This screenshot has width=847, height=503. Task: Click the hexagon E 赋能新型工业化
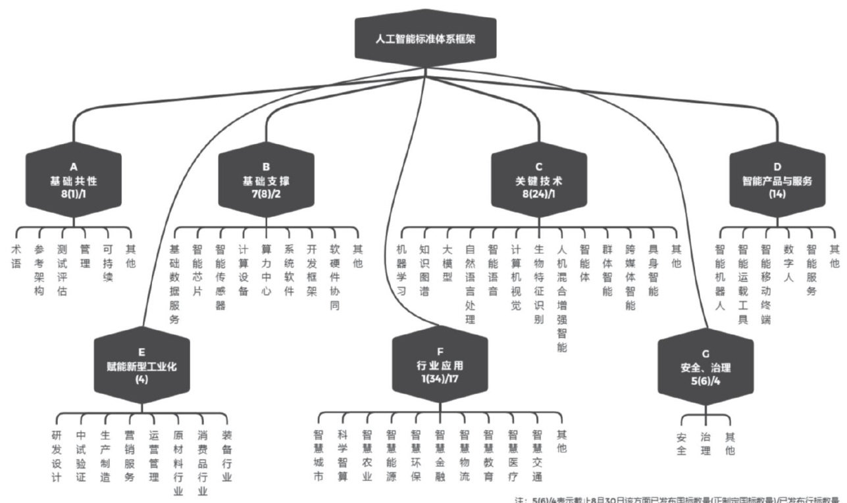click(141, 366)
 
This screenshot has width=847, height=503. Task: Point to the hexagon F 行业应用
click(440, 364)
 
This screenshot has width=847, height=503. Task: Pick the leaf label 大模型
click(448, 263)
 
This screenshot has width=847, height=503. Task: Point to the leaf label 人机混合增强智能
click(561, 299)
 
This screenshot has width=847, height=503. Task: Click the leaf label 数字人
click(788, 263)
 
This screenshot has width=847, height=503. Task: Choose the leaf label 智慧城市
click(319, 455)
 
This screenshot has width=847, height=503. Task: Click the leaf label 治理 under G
click(706, 444)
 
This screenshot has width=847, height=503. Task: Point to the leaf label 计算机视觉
click(516, 277)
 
